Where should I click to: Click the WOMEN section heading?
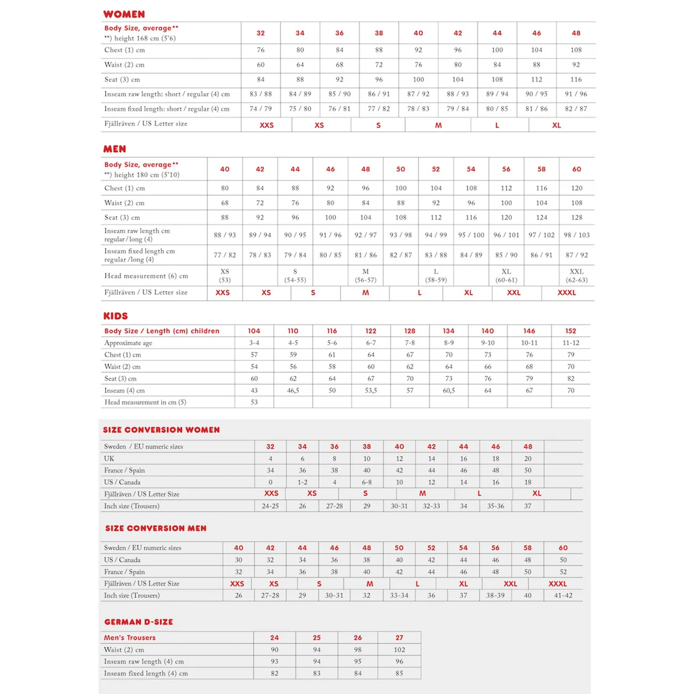(x=124, y=14)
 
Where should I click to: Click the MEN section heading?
(x=115, y=149)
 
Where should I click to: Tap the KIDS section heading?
(x=115, y=316)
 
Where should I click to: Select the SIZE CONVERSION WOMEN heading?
(x=161, y=430)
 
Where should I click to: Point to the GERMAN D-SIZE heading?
(x=138, y=622)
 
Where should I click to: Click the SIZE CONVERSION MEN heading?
(x=155, y=528)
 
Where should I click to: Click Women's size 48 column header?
(x=575, y=33)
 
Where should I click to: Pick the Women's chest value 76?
(x=261, y=50)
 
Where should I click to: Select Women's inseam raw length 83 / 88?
(x=261, y=94)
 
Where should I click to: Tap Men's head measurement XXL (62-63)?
(x=577, y=275)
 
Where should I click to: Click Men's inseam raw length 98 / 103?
(x=577, y=235)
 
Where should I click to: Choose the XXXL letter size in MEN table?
(x=566, y=293)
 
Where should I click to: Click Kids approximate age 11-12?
(x=571, y=343)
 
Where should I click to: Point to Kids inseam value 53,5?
(x=371, y=390)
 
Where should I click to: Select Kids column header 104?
(x=254, y=331)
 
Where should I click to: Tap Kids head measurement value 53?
(x=254, y=402)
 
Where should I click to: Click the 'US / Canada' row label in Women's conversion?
(x=122, y=482)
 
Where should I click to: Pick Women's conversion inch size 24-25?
(x=270, y=506)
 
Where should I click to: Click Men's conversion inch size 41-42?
(x=563, y=595)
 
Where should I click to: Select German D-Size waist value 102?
(x=399, y=650)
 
